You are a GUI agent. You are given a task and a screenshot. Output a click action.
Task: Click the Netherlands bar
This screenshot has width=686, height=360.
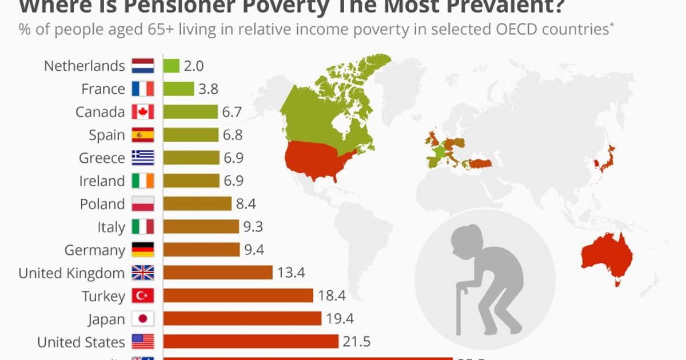point(171,66)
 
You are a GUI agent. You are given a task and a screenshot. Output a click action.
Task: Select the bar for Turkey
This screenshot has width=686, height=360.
point(238,295)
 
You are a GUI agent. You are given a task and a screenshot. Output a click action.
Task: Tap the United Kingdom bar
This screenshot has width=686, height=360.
point(218,273)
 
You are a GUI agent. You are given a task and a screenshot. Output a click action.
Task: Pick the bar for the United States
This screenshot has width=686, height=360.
point(251,342)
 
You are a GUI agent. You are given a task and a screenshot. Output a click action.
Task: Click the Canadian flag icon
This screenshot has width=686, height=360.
point(143,112)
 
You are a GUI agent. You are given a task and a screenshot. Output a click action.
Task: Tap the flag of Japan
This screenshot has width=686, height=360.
point(143,319)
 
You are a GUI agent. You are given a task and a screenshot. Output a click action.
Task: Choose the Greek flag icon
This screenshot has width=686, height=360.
point(143,158)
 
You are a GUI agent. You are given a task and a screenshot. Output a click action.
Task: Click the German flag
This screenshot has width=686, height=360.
point(143,250)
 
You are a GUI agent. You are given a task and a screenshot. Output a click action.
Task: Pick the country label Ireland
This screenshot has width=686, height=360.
point(102,181)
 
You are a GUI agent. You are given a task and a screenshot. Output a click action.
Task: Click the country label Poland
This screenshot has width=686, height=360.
point(102,204)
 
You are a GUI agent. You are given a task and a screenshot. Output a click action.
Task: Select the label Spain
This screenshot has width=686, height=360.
point(106,135)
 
